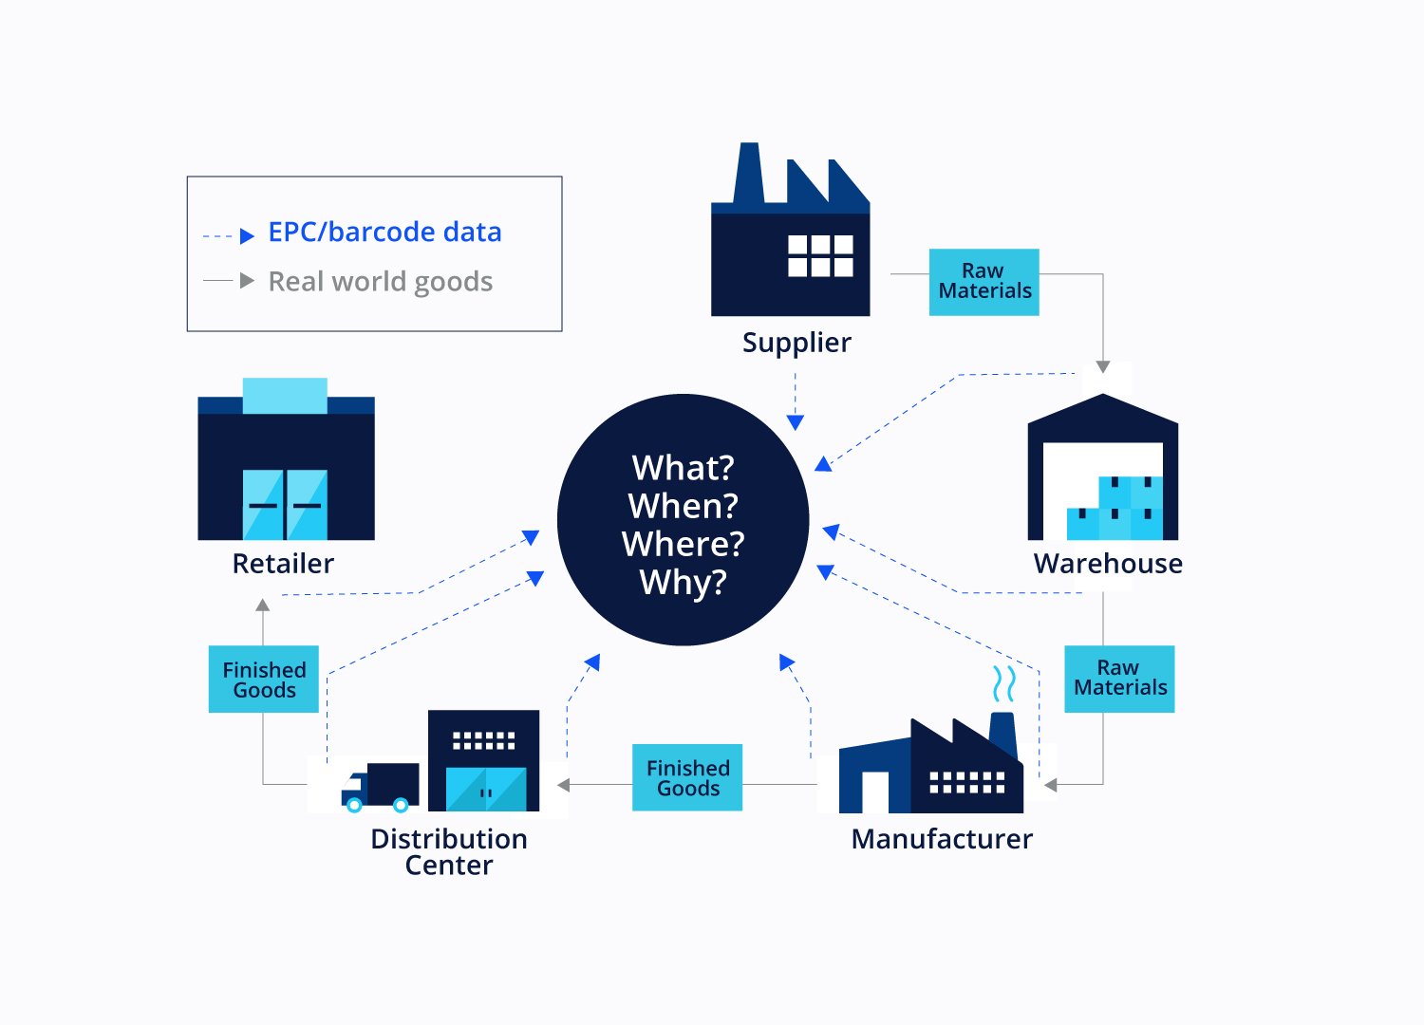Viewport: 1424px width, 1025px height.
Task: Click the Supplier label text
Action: pos(796,343)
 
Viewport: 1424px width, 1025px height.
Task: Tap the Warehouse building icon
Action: pos(1102,469)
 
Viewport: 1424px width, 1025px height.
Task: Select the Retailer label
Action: pos(283,564)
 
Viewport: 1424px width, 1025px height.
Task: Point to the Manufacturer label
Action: pos(942,839)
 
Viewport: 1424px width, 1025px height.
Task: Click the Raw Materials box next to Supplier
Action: pos(984,282)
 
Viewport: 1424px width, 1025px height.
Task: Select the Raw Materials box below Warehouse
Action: pos(1119,679)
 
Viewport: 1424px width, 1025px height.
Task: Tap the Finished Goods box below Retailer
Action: pos(264,680)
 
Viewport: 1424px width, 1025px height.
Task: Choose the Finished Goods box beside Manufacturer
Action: pos(687,777)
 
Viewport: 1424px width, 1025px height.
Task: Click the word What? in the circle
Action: pos(683,468)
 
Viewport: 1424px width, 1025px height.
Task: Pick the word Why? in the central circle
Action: pos(683,582)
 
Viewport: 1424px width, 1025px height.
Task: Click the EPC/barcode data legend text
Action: pos(384,233)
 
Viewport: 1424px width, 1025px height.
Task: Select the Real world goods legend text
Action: pos(380,282)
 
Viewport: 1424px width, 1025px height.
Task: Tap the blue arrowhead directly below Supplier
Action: pos(796,422)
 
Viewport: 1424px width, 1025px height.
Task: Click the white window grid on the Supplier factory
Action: pos(820,255)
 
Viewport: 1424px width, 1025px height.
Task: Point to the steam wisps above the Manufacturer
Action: pos(1003,683)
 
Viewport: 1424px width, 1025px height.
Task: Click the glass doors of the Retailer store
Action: pos(285,504)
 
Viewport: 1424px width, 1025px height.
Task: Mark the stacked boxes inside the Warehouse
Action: pos(1116,510)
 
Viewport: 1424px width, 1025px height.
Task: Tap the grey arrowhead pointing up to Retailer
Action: pos(263,605)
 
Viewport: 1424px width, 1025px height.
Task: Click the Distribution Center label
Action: pos(448,851)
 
